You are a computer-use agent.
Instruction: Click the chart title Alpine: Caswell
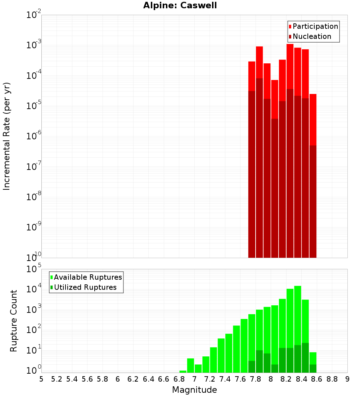point(180,6)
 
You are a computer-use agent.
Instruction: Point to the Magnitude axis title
point(194,390)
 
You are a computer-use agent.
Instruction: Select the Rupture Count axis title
point(14,321)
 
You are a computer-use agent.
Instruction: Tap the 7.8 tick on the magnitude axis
point(256,379)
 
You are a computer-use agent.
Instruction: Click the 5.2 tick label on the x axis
point(57,379)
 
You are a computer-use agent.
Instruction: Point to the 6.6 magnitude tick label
point(164,379)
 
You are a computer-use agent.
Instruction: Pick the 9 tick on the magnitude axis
point(347,379)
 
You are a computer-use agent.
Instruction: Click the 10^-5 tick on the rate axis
point(34,105)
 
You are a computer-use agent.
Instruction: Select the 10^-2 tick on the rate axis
point(34,15)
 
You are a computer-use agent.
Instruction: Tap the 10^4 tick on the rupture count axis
point(35,289)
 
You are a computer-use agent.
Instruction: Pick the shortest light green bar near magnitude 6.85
point(183,372)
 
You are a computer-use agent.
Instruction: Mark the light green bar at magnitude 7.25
point(213,360)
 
